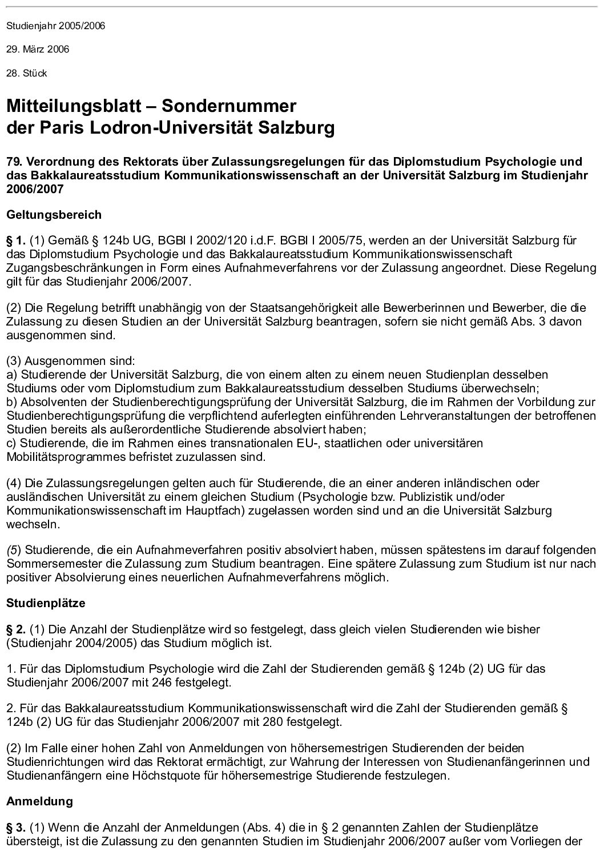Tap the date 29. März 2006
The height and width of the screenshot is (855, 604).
(38, 49)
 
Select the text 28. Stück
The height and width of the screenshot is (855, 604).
(26, 73)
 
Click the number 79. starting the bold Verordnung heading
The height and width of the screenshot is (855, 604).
(15, 162)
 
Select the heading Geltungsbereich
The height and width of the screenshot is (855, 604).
(54, 215)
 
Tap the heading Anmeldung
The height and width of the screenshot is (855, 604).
(39, 801)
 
